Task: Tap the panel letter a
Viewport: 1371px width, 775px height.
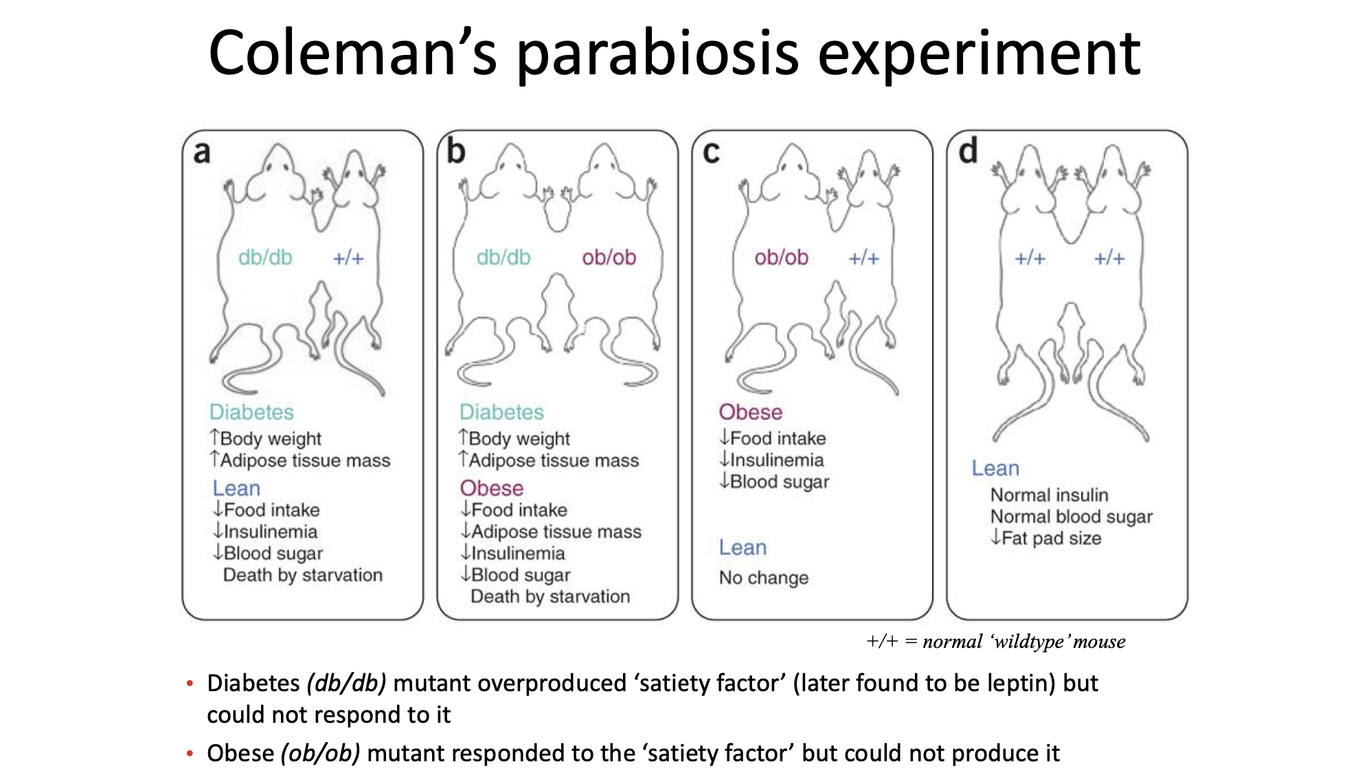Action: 201,153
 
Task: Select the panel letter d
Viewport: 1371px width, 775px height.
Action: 968,151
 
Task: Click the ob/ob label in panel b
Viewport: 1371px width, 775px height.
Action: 609,258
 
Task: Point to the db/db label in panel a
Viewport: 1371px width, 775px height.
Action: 265,258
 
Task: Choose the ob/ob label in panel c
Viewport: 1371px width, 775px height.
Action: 781,258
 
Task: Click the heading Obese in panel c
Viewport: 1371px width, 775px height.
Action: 750,412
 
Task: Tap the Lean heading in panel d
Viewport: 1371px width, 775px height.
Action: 995,469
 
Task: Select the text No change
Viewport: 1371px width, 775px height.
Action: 763,578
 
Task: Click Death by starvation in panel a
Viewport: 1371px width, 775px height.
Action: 302,575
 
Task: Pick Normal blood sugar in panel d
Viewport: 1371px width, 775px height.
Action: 1071,517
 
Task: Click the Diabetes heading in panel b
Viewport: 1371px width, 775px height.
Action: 501,412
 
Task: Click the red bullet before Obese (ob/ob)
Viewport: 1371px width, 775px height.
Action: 190,754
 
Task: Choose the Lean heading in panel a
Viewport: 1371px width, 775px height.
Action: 236,488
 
